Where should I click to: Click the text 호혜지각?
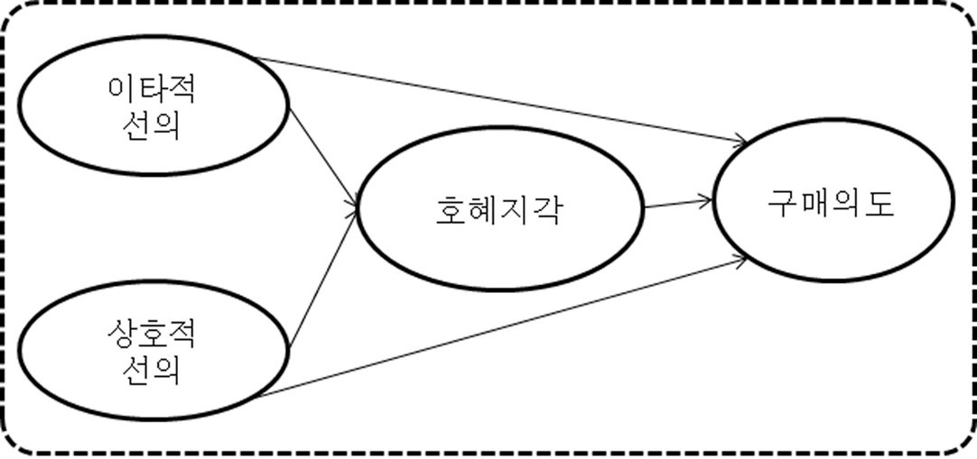pos(495,212)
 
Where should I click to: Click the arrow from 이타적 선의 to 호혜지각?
pos(321,158)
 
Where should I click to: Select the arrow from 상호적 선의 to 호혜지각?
pos(321,280)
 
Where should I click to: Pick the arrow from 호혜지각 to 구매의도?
pos(677,204)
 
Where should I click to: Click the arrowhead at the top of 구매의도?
pos(742,141)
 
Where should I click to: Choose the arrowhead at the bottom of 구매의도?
pos(741,259)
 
